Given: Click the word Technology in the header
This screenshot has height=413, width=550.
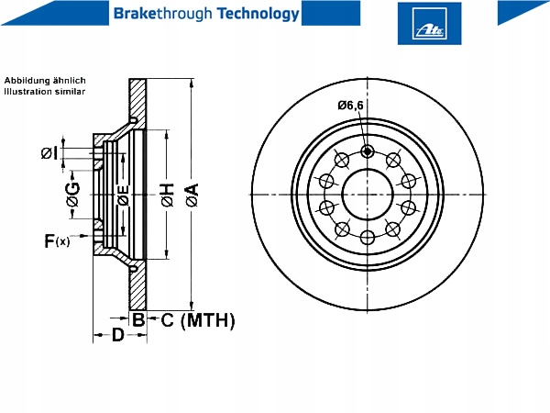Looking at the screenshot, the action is point(258,14).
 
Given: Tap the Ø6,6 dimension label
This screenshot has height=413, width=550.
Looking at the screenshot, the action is point(350,106).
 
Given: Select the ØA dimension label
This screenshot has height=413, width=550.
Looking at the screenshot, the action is point(192,195).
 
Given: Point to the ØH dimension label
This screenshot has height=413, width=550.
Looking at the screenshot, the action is point(168,195).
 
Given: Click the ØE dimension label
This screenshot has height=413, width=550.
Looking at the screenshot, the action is point(123,195).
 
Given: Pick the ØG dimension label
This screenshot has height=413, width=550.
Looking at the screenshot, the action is point(73,195).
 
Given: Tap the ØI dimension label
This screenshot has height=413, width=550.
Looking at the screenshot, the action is point(49,153).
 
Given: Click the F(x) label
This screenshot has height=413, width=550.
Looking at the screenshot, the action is point(57,240).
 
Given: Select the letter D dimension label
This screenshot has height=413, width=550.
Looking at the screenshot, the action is point(118,335).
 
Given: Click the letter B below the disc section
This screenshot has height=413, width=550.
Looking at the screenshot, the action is point(138,319).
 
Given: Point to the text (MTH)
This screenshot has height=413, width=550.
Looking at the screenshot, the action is point(208,320).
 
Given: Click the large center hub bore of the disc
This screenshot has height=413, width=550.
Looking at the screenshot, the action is point(367,195).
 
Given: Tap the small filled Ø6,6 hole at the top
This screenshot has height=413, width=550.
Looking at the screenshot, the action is point(367,151).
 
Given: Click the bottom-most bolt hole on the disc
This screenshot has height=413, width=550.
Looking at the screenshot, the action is point(367,238).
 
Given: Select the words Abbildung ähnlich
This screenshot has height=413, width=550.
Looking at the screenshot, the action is point(45,81).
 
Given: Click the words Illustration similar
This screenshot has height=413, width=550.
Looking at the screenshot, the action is point(45,92).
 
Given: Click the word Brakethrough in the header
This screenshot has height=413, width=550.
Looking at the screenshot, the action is point(163,14).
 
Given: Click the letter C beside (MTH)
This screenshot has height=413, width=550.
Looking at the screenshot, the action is point(168,320).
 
